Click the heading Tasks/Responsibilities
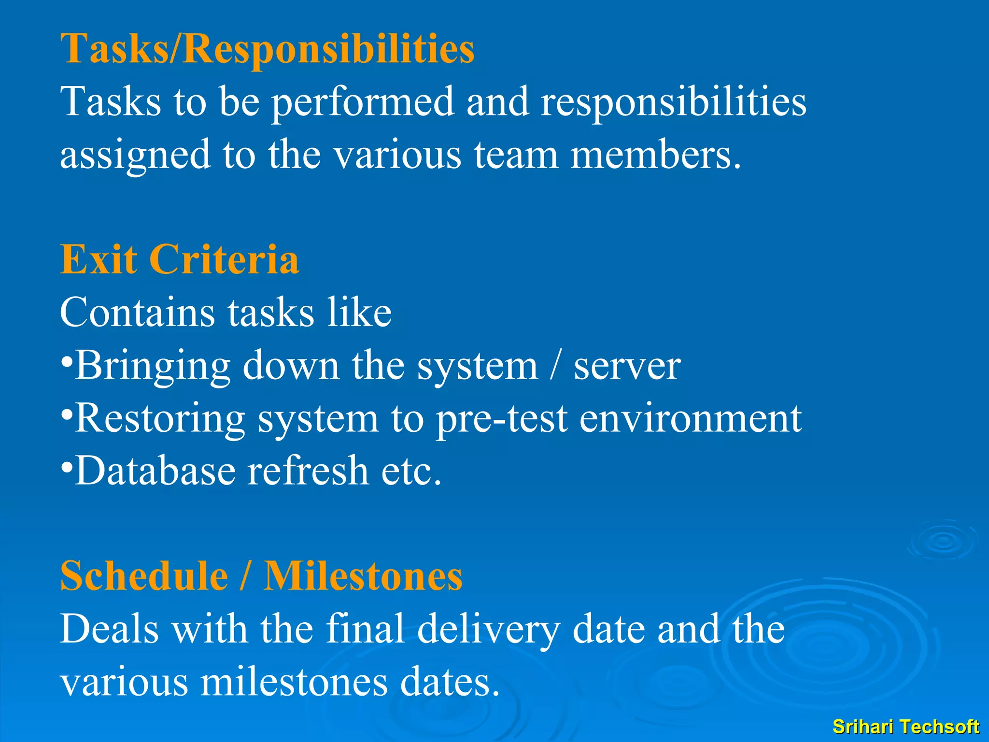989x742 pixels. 267,49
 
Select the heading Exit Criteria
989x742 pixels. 179,259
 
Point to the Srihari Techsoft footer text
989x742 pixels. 905,727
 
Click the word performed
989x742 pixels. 363,103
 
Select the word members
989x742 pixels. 655,155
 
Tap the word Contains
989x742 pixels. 137,313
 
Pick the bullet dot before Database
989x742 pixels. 67,467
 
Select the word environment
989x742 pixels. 690,419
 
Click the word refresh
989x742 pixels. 308,471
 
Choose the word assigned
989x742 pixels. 135,156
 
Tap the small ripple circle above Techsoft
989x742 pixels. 942,541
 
